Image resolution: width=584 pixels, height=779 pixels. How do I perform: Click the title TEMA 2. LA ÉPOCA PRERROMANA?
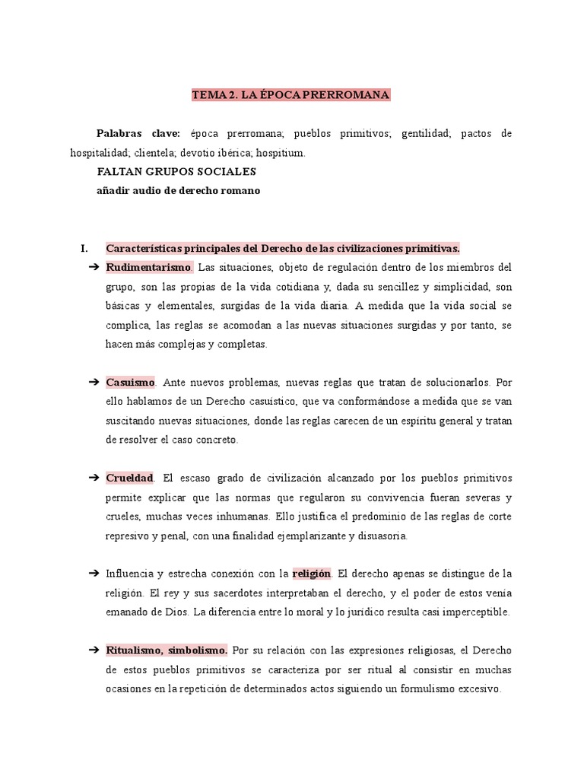click(291, 95)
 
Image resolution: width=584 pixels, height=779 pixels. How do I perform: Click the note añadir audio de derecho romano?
click(178, 191)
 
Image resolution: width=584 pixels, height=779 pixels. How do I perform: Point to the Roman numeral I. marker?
click(84, 248)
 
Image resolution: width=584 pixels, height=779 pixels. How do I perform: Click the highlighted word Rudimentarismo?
click(150, 267)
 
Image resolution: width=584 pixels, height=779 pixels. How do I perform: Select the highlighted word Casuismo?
click(131, 382)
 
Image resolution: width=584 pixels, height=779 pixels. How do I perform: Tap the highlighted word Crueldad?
click(130, 478)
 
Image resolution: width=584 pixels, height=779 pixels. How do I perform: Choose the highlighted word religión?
click(312, 573)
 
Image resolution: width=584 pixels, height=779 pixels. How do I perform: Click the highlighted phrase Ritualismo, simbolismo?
click(167, 650)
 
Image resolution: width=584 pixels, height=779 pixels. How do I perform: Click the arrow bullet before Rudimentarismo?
click(94, 267)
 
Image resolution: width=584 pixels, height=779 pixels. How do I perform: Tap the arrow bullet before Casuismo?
click(94, 382)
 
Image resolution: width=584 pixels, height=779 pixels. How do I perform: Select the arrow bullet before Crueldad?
click(94, 478)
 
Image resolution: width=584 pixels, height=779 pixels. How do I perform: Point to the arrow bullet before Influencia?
click(94, 573)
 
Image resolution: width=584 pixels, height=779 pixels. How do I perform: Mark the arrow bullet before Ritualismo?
click(94, 650)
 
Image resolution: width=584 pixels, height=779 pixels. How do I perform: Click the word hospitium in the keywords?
click(281, 152)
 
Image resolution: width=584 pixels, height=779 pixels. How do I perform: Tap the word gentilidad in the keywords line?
click(427, 133)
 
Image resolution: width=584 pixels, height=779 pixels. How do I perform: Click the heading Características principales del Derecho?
click(282, 248)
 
